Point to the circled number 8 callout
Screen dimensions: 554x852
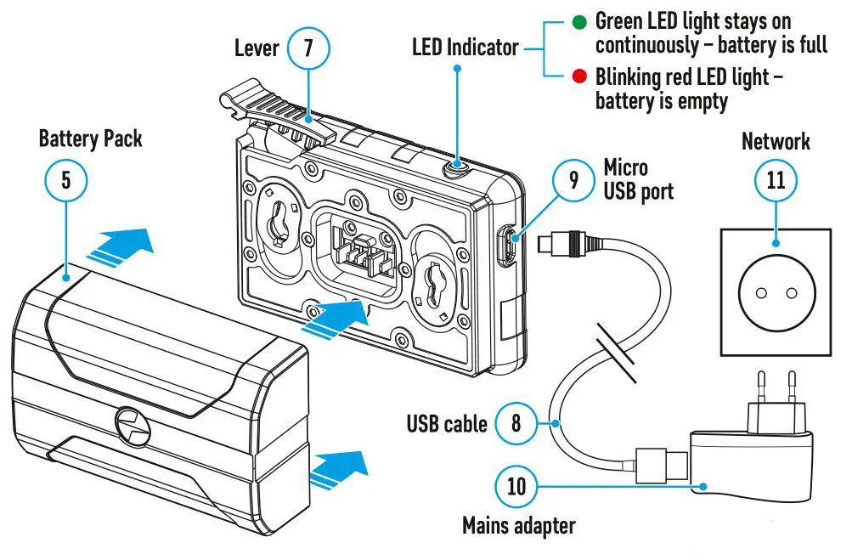click(x=516, y=422)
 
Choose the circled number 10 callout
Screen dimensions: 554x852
click(x=516, y=487)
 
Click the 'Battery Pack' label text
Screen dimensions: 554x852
click(x=90, y=138)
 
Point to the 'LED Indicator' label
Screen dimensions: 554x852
click(x=465, y=48)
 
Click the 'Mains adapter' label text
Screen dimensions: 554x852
click(x=518, y=526)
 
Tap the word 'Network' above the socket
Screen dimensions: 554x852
click(x=776, y=141)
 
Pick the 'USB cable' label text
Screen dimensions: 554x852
click(x=446, y=422)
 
